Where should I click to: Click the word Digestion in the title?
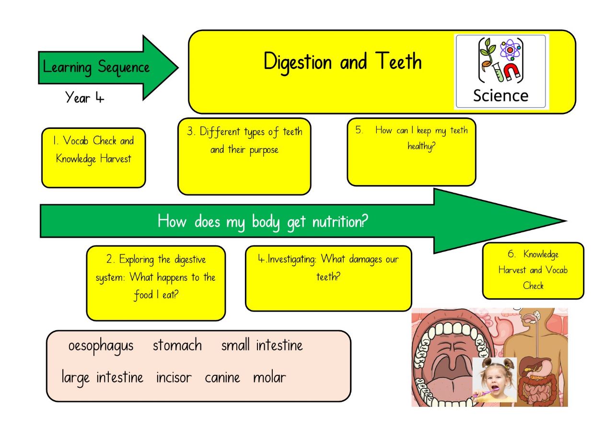click(298, 62)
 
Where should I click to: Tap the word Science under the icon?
click(501, 96)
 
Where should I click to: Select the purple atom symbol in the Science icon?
click(510, 50)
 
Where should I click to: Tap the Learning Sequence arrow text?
click(96, 68)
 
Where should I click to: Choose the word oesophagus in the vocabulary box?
click(101, 346)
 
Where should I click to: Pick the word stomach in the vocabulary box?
click(177, 345)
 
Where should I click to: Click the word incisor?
click(174, 378)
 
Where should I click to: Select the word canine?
click(222, 378)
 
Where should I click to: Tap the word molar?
click(269, 378)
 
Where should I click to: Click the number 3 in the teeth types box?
click(190, 131)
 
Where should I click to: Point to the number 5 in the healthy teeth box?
click(359, 130)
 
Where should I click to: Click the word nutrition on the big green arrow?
click(340, 222)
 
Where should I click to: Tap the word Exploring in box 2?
click(137, 260)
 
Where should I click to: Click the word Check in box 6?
click(533, 286)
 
